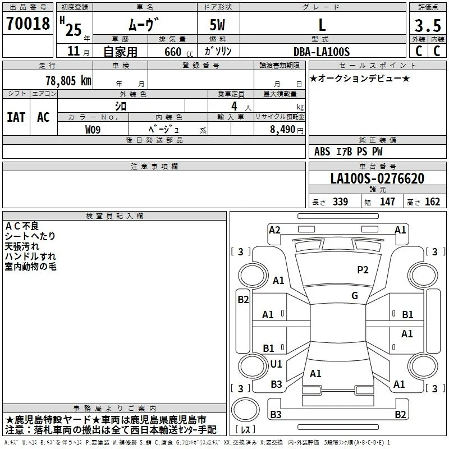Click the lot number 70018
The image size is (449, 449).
click(x=28, y=24)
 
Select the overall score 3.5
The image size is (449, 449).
click(x=428, y=26)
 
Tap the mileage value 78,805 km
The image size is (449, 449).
click(x=68, y=81)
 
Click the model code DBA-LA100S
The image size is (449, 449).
click(x=322, y=52)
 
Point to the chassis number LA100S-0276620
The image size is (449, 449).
click(x=377, y=178)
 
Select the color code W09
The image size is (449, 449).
click(x=93, y=130)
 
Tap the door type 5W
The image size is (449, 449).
click(x=217, y=25)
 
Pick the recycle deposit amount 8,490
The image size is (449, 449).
click(x=283, y=130)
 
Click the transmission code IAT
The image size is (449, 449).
click(x=16, y=117)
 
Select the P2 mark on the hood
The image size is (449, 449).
click(x=363, y=270)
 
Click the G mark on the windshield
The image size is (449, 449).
click(x=355, y=296)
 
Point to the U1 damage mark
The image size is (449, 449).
click(x=276, y=364)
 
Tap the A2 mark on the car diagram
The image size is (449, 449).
click(x=274, y=230)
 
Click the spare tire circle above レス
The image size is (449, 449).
click(x=245, y=410)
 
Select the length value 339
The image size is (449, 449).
click(x=340, y=201)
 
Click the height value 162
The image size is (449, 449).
click(x=432, y=201)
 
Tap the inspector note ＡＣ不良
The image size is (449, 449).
click(x=22, y=226)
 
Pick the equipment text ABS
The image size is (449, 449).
click(x=322, y=152)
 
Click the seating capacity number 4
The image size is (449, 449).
click(x=234, y=106)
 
